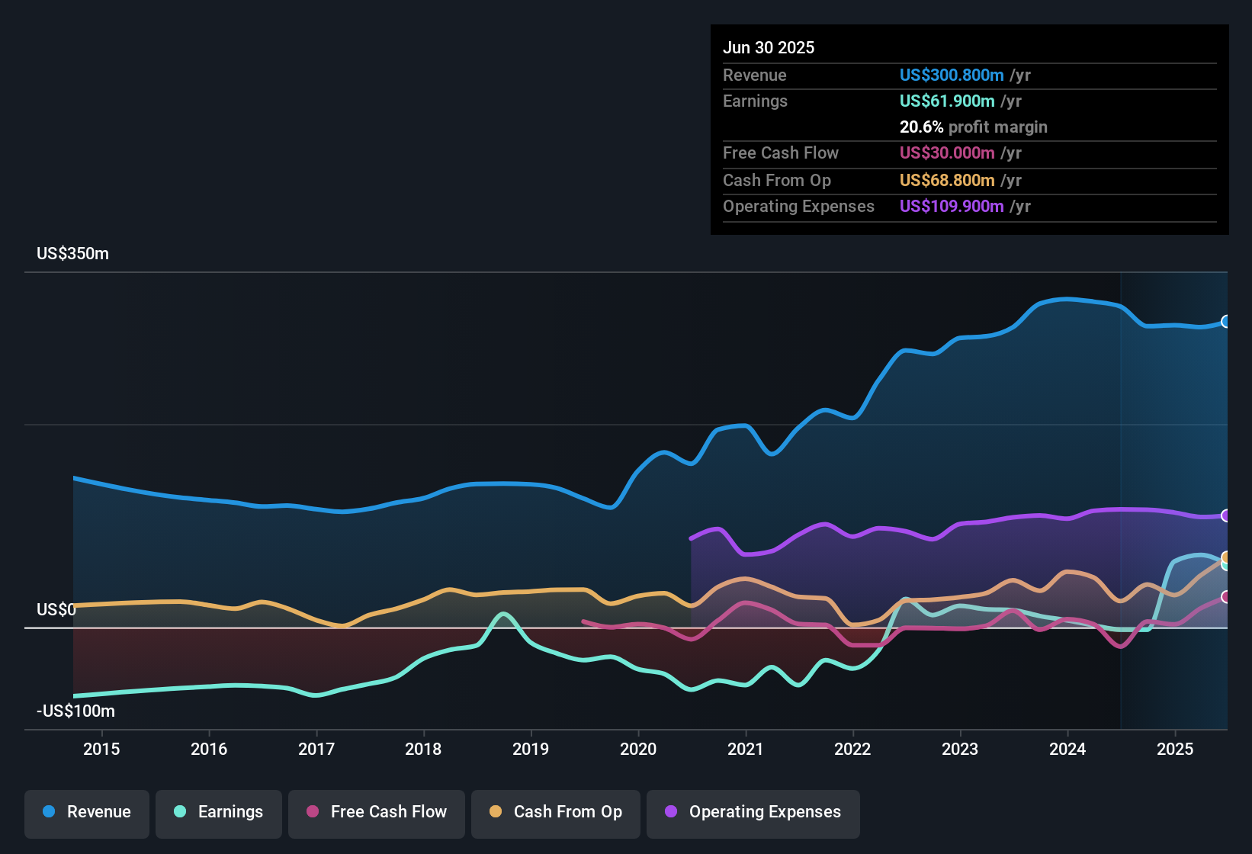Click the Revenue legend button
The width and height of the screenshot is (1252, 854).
(x=87, y=812)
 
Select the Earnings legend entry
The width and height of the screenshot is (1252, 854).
(x=219, y=812)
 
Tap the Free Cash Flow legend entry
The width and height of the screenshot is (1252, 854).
(x=377, y=812)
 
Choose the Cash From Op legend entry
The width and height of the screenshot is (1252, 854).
(x=556, y=812)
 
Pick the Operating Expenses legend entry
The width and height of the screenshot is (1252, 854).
(x=753, y=812)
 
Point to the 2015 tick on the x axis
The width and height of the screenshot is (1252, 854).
(x=101, y=749)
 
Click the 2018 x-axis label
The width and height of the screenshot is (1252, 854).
(x=423, y=749)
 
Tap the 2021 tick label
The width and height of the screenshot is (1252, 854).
(x=745, y=749)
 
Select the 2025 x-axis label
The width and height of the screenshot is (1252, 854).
(x=1175, y=749)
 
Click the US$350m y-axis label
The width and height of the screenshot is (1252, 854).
(x=72, y=254)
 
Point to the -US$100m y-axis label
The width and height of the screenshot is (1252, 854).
(x=75, y=711)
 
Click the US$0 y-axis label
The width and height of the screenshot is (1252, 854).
(x=56, y=610)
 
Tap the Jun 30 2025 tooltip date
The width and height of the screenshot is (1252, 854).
(x=769, y=48)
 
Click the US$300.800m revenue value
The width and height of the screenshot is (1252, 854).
(x=951, y=75)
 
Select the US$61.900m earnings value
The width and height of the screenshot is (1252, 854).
(x=946, y=101)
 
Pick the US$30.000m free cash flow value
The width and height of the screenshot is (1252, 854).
(x=946, y=153)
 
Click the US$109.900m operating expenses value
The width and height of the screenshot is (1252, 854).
(x=951, y=207)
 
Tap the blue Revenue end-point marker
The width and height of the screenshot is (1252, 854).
(x=1225, y=322)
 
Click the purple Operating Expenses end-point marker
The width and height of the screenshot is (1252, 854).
(x=1225, y=516)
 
